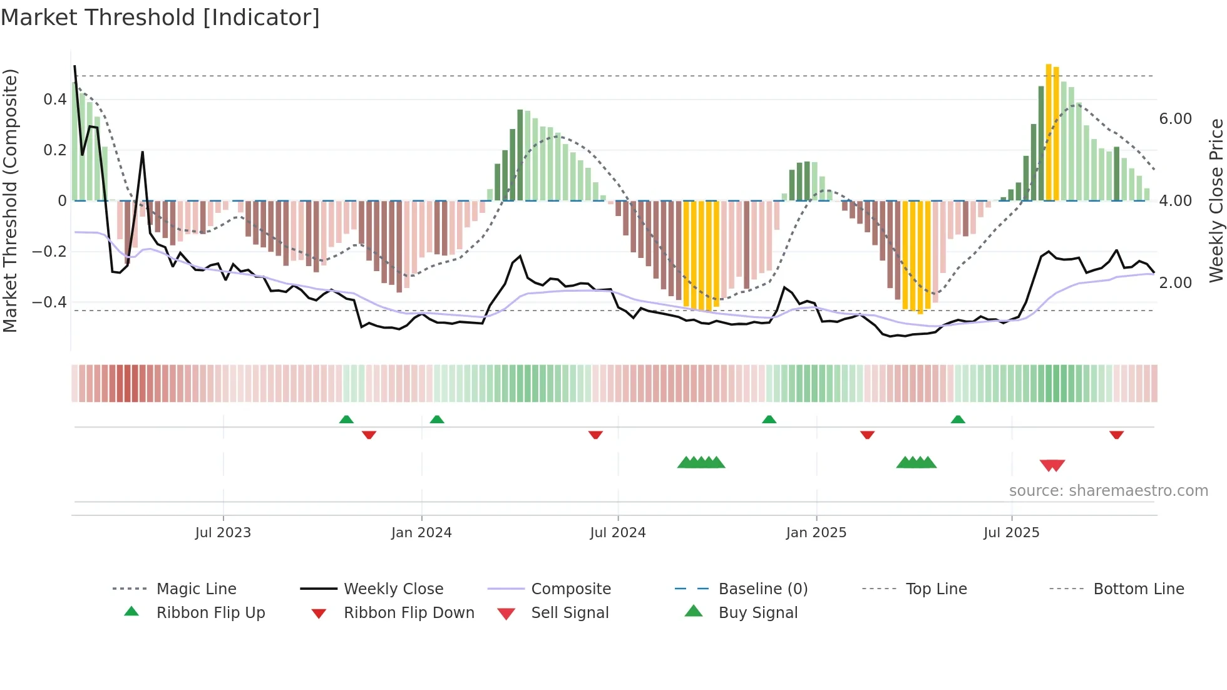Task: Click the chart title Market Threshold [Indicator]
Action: pos(160,18)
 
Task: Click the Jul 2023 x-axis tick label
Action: pos(223,533)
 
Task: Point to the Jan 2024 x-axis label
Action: pos(421,533)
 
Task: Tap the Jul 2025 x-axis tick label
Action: pos(1011,533)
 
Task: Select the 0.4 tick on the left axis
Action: pos(55,99)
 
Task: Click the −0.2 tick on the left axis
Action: pos(49,251)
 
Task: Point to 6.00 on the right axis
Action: pos(1175,119)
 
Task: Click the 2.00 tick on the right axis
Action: pos(1175,283)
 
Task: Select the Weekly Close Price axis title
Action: pos(1216,200)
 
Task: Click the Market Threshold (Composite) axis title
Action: pos(10,200)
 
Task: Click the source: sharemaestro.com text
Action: pos(1108,491)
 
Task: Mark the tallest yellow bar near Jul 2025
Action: pos(1049,131)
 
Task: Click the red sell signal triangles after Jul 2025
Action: pos(1052,465)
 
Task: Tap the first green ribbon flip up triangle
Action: pos(346,420)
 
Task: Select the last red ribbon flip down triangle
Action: pos(1116,435)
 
